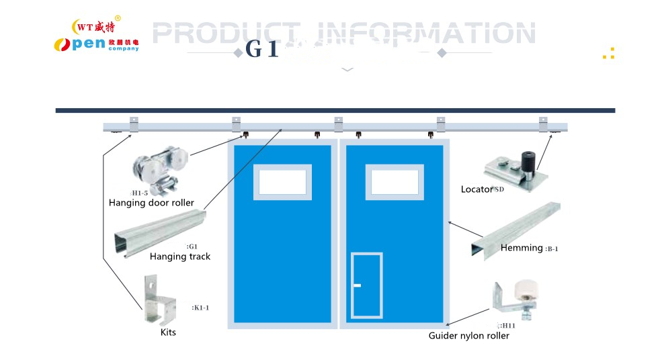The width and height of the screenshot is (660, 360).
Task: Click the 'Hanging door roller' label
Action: coord(151,203)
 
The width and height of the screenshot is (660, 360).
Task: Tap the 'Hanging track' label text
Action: coord(180,257)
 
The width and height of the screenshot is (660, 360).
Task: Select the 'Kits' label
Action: coord(168,332)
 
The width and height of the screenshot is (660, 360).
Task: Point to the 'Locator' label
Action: coord(477,189)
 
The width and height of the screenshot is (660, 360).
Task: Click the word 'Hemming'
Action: coord(522,248)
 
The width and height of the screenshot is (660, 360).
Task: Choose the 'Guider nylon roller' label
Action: coord(468,336)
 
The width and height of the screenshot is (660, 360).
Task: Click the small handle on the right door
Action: coord(357,285)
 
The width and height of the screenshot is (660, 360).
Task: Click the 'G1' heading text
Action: coord(262,50)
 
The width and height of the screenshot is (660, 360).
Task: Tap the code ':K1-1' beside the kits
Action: coord(201,308)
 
